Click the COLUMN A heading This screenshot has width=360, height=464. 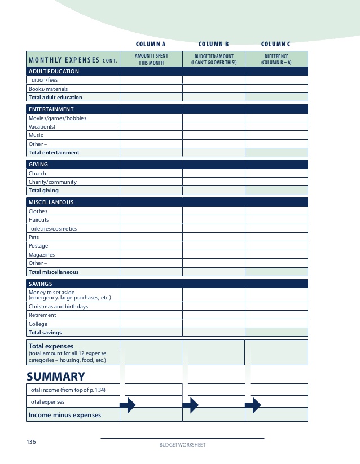[x=151, y=44]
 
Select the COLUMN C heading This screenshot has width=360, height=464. [x=276, y=44]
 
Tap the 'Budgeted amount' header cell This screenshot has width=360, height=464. [x=214, y=59]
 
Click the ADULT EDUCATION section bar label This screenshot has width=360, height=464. [x=54, y=72]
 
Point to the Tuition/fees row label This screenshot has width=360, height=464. [x=43, y=80]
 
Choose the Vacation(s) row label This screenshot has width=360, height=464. [x=42, y=127]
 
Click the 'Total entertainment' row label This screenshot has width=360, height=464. [x=54, y=153]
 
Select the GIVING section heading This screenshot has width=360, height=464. [x=38, y=165]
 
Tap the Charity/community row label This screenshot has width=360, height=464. [x=52, y=182]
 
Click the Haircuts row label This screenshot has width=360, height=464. [x=39, y=220]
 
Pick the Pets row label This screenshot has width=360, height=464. [x=34, y=237]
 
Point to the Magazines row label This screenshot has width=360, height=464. [x=42, y=255]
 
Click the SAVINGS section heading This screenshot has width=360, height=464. [x=41, y=284]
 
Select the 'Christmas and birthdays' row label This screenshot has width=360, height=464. [x=59, y=307]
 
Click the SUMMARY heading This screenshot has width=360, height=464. [x=56, y=377]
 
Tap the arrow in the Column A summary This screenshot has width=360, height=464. [x=128, y=405]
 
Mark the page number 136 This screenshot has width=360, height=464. [x=31, y=442]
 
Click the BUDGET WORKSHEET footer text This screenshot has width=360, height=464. [x=182, y=445]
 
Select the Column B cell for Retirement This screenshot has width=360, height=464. [x=214, y=315]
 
